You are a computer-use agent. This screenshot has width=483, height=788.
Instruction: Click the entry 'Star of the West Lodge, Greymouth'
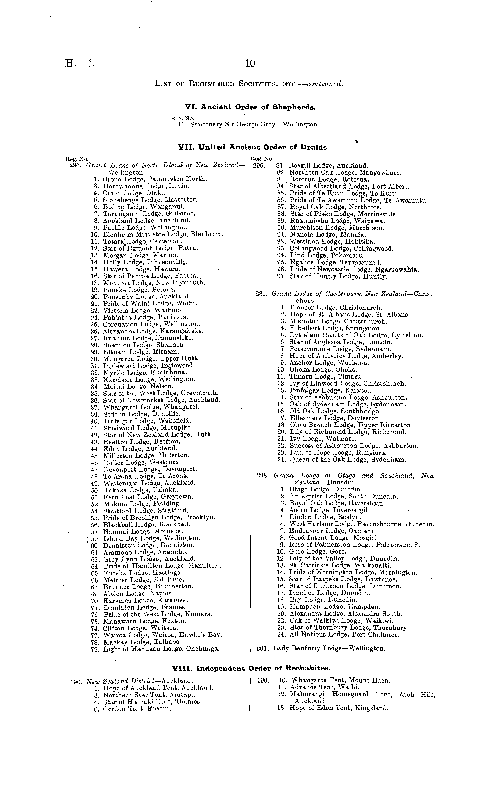pyautogui.click(x=161, y=393)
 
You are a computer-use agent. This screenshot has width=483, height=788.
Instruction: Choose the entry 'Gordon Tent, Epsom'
pyautogui.click(x=137, y=709)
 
